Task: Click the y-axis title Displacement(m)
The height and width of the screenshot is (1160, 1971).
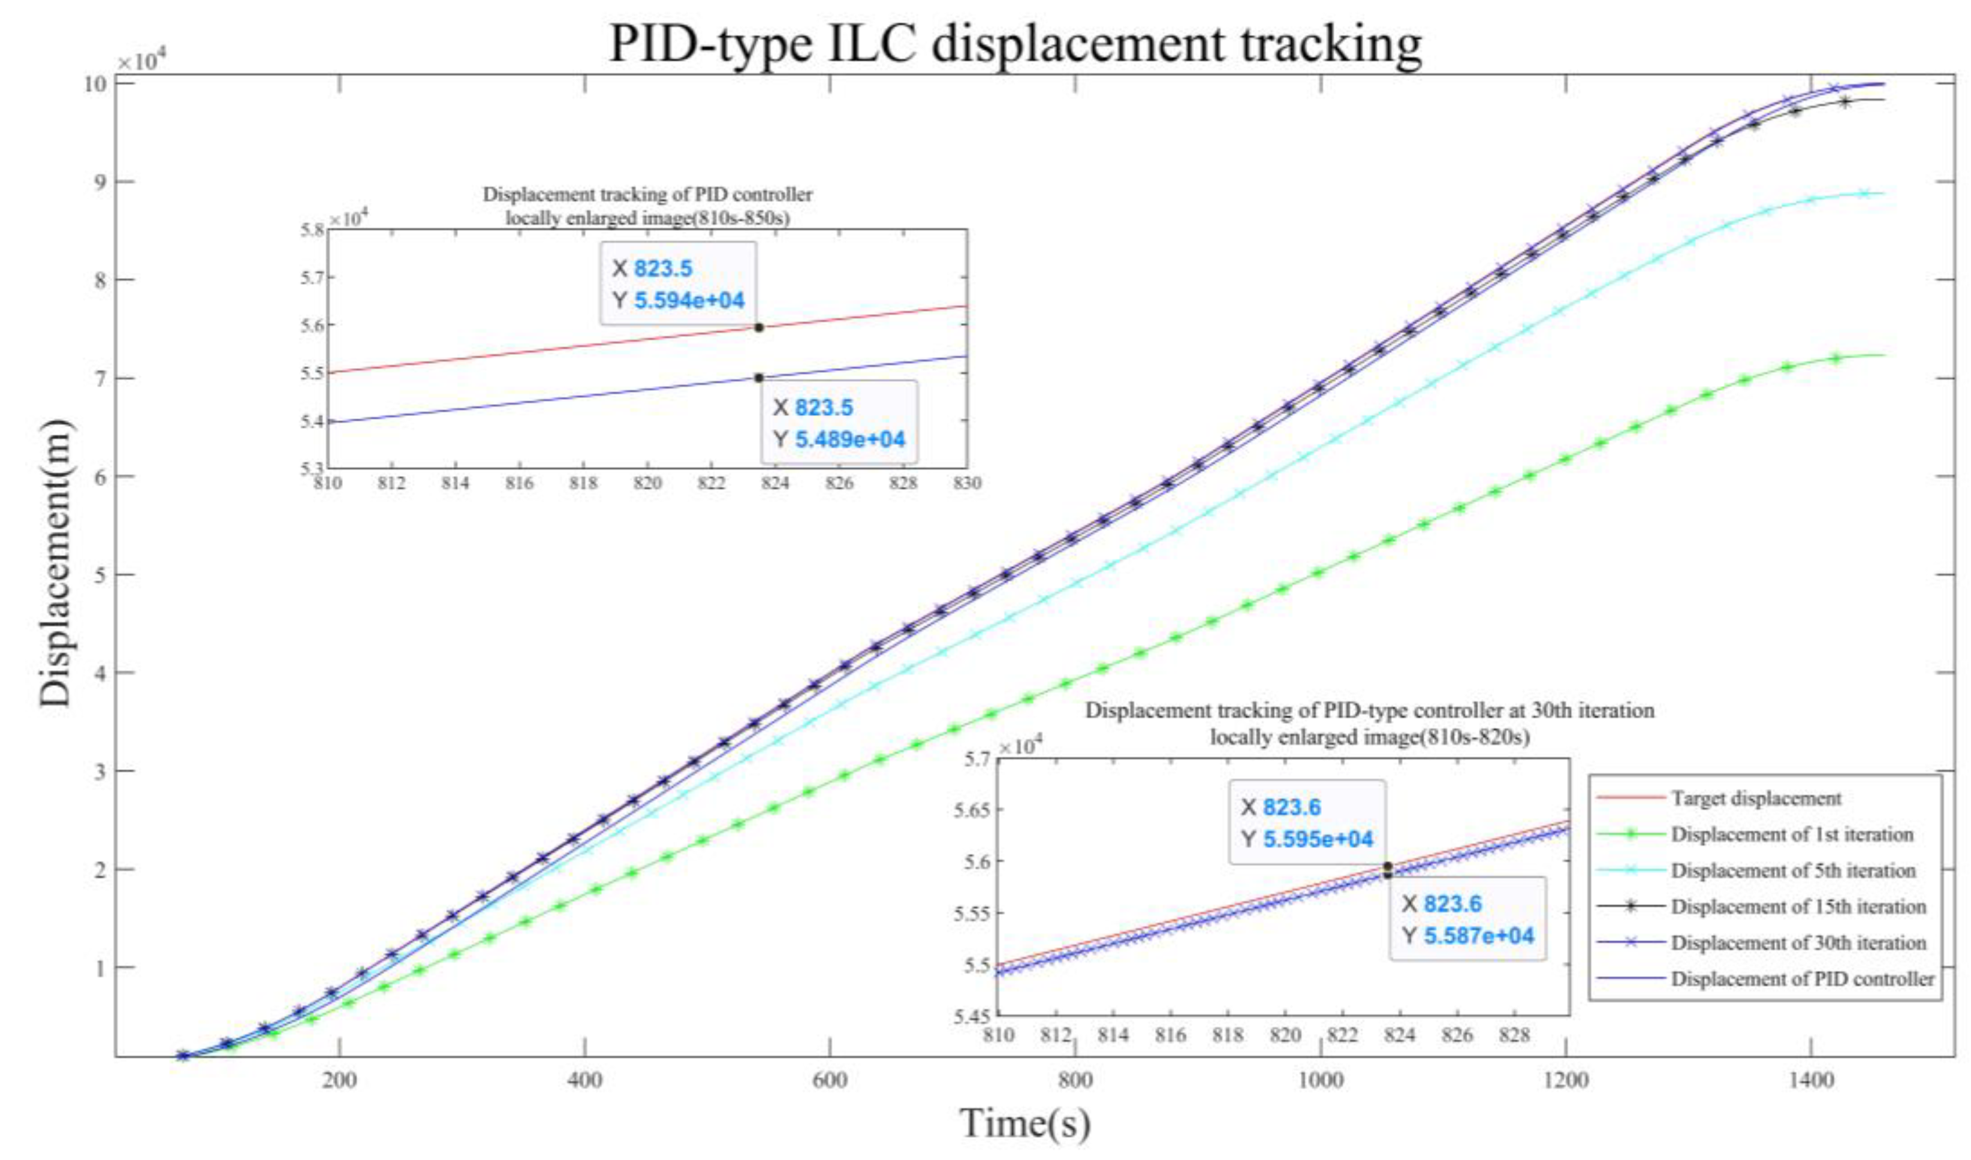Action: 56,563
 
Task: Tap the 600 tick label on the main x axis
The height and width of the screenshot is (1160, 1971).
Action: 829,1080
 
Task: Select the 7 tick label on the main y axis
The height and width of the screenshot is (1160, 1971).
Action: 100,379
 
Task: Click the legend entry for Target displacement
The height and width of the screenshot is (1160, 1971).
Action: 1756,798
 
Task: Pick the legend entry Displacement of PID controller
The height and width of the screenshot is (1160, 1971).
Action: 1802,978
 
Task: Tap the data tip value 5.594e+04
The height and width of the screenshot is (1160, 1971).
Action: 689,300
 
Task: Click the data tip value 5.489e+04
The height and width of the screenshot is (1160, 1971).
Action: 849,439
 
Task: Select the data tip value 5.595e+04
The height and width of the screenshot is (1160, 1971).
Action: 1318,839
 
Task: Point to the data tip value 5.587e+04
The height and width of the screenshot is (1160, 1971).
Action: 1478,936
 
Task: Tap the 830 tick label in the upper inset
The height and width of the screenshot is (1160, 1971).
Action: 967,483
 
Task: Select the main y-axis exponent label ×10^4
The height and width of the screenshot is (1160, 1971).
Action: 138,61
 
